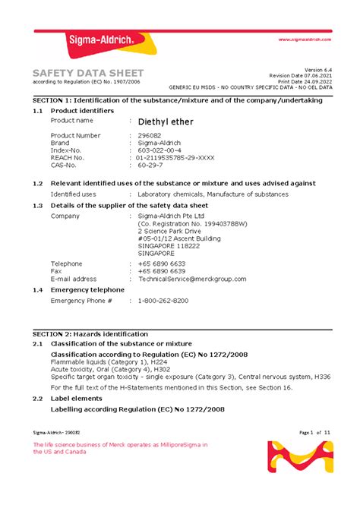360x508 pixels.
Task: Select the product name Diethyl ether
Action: point(166,121)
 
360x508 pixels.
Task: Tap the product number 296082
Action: point(151,135)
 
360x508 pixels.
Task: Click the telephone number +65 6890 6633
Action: point(162,263)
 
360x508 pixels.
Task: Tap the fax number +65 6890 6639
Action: point(162,271)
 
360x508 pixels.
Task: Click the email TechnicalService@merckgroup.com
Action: point(192,279)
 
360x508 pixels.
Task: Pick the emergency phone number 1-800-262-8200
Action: point(163,301)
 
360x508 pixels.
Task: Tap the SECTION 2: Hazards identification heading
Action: point(90,334)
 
